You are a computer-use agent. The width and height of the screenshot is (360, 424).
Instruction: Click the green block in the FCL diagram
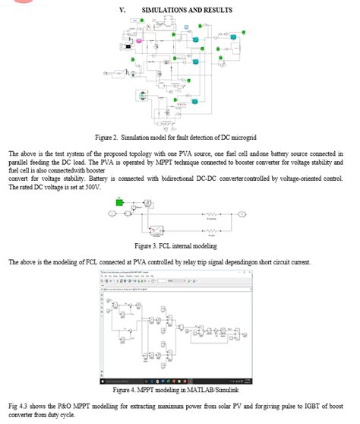tap(120, 201)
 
